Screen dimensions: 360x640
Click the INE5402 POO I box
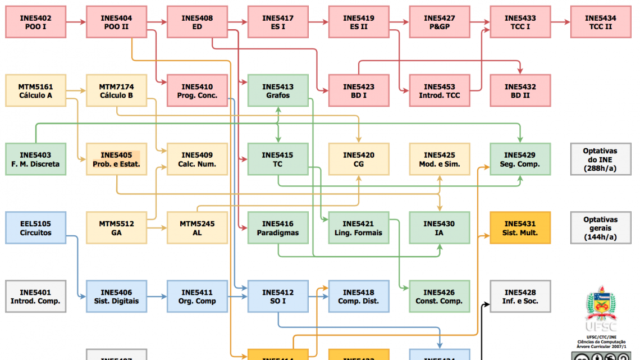tap(36, 22)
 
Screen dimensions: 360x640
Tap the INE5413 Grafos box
tap(278, 91)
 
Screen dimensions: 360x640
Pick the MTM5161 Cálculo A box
tap(36, 91)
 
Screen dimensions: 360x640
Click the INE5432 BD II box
tap(520, 91)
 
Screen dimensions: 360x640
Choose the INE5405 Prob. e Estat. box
tap(116, 160)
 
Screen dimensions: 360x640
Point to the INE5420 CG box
tap(359, 160)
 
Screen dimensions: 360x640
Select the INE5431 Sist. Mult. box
tap(520, 228)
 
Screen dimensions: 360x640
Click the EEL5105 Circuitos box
tap(36, 228)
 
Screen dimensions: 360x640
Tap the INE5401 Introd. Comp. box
tap(36, 297)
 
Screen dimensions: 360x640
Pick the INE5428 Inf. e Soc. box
tap(520, 297)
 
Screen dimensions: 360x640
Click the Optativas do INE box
tap(600, 160)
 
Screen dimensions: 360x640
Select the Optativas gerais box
tap(600, 228)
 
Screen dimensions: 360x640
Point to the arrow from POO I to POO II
tap(76, 22)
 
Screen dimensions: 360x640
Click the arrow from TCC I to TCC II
tap(560, 22)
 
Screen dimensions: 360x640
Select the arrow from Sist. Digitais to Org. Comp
tap(157, 297)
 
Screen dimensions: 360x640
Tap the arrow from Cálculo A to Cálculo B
tap(76, 91)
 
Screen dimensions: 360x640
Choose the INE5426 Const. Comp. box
tap(439, 297)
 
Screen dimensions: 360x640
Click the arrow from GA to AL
tap(157, 228)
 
